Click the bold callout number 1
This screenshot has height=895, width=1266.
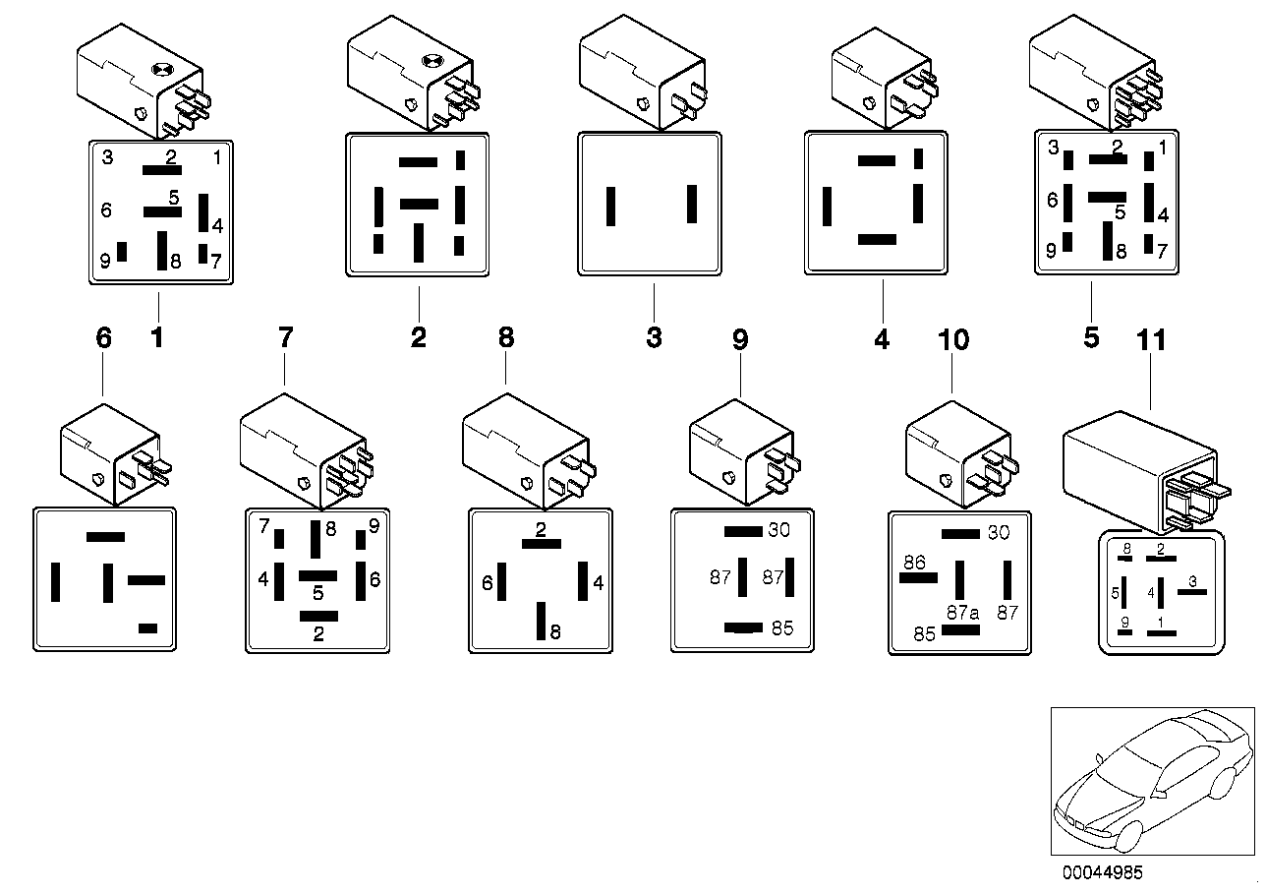click(x=156, y=338)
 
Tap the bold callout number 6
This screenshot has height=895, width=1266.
click(x=103, y=338)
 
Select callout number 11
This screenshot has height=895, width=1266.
click(x=1150, y=340)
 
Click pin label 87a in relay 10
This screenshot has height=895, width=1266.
click(x=963, y=612)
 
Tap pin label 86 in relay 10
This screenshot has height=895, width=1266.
click(x=915, y=563)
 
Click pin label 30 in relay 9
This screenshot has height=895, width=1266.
click(x=778, y=531)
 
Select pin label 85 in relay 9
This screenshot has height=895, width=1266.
click(x=781, y=628)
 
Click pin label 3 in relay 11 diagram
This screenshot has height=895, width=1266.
click(x=1191, y=581)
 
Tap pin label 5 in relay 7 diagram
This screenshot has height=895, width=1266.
click(x=317, y=593)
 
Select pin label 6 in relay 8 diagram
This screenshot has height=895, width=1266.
click(x=487, y=583)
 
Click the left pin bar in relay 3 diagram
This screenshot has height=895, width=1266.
click(x=610, y=206)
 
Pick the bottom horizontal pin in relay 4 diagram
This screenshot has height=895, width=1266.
click(x=877, y=239)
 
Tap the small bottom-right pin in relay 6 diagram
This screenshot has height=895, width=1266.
click(x=148, y=627)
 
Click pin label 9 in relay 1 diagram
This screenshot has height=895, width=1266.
click(x=105, y=262)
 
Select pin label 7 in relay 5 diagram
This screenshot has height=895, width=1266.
click(x=1161, y=252)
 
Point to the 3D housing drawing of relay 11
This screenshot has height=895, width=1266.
click(x=1140, y=462)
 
